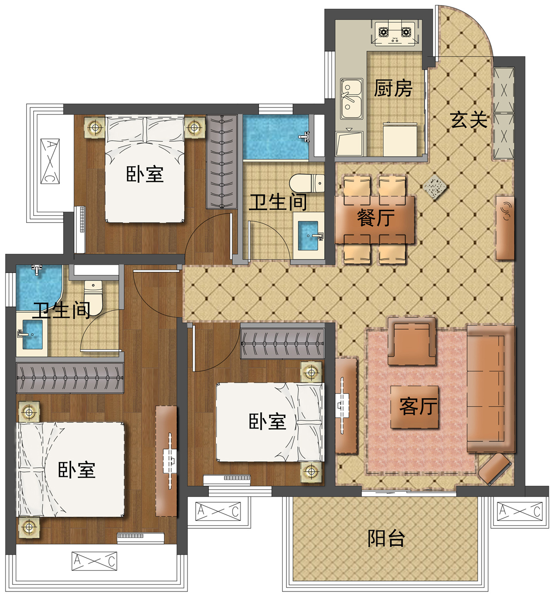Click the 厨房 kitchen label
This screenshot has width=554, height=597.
tap(393, 89)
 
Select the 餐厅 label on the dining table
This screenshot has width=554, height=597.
tap(376, 218)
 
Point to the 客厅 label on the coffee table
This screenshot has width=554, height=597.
tap(418, 406)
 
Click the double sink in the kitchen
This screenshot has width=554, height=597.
tap(351, 99)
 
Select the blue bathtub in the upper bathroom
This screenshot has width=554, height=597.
tap(276, 137)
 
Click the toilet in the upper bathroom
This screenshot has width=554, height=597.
tap(307, 183)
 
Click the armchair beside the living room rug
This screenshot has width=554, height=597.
tap(412, 341)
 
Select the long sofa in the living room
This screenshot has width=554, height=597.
tap(490, 388)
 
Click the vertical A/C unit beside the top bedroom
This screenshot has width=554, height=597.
tap(50, 161)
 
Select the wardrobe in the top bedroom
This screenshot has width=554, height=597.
tap(222, 162)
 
